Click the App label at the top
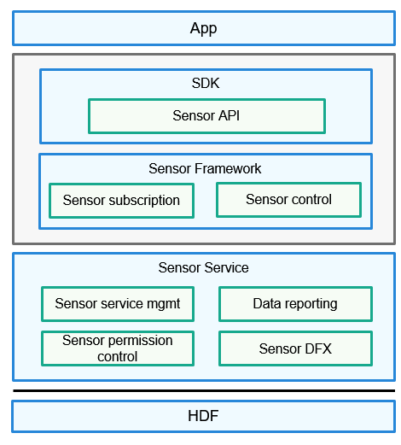[203, 28]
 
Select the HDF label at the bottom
[203, 416]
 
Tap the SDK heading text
[206, 83]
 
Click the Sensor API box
[206, 116]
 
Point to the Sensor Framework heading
[205, 168]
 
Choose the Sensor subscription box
[121, 201]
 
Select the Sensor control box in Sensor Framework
[288, 200]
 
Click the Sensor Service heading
[203, 267]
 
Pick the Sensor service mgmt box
[118, 304]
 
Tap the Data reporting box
[295, 304]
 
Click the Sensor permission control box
[118, 348]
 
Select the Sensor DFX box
[295, 348]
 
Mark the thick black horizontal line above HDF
[204, 390]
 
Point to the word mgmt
[163, 304]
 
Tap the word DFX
[318, 348]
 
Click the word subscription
[144, 201]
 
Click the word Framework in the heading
[228, 168]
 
